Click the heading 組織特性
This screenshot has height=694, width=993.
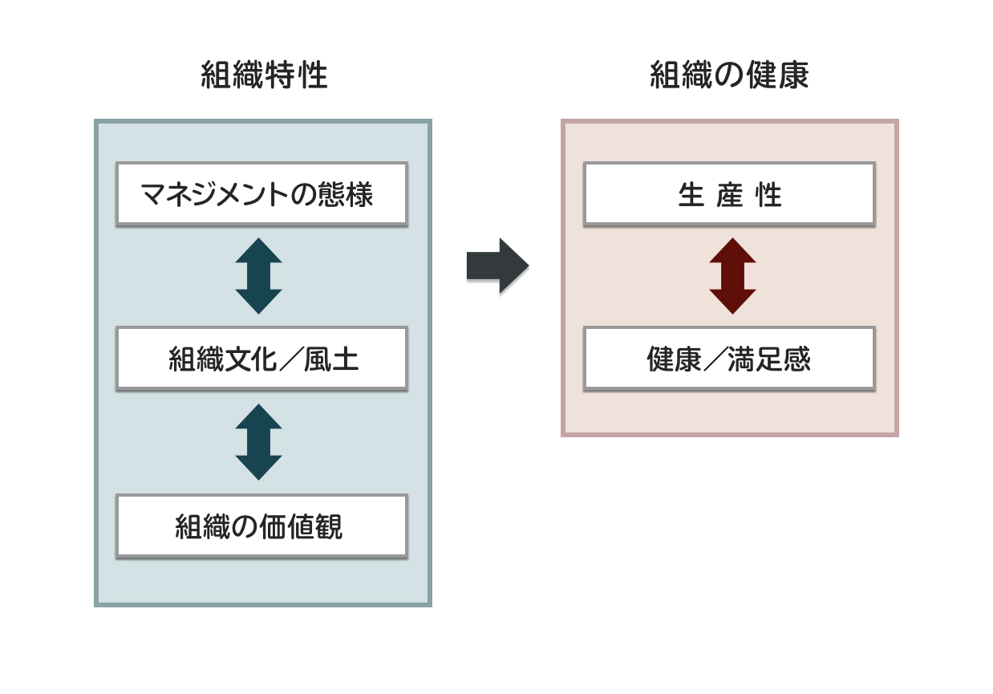coord(264,75)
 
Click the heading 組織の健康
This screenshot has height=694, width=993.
coord(729,75)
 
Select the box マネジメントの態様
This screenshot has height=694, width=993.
coord(261,194)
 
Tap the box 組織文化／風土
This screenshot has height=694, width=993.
coord(261,359)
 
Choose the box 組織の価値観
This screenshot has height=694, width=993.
coord(261,526)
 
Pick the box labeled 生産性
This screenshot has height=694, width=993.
coord(729,194)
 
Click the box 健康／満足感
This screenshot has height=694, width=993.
coord(729,359)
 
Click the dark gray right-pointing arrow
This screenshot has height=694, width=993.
coord(498,266)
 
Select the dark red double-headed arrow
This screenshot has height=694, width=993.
coord(732,276)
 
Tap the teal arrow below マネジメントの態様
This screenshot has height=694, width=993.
coord(258,276)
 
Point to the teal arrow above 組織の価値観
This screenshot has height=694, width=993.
coord(258,442)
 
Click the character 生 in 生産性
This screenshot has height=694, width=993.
coord(691,195)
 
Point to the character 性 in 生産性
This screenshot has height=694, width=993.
coord(768,195)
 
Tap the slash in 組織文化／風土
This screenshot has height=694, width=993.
coord(290,359)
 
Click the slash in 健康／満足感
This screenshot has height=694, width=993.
coord(714,359)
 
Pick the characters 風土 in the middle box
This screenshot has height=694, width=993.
coord(331,359)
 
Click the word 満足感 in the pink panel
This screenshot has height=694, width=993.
coord(769,359)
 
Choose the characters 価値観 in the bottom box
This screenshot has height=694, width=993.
coord(301,526)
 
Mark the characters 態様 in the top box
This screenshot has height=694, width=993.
coord(345,195)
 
